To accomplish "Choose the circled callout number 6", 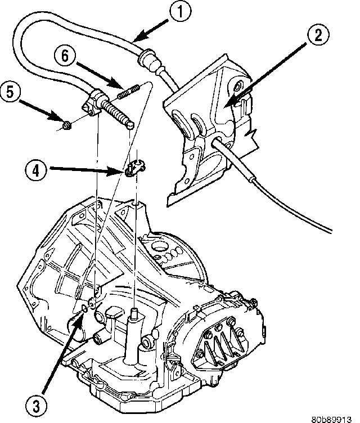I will click(x=65, y=55).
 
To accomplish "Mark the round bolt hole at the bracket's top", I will click(x=236, y=87).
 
